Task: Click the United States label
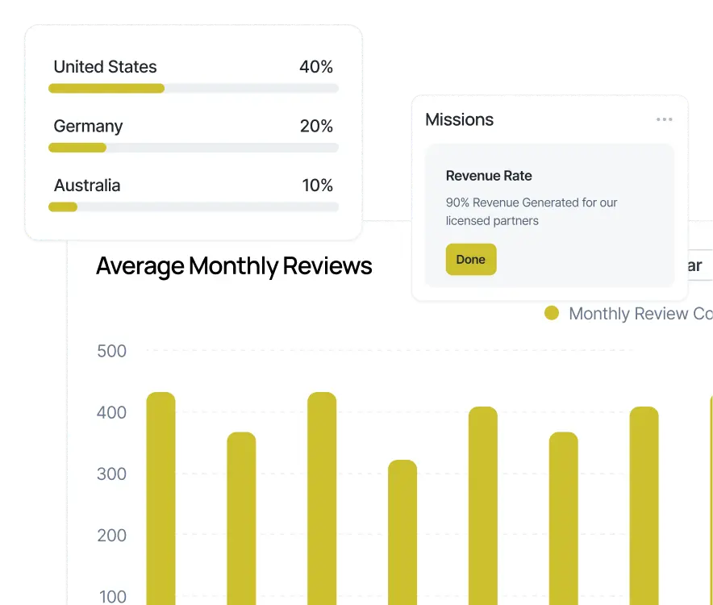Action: click(105, 67)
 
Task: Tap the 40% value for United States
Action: click(316, 67)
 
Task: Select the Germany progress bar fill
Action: click(77, 148)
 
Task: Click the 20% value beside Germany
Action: click(316, 126)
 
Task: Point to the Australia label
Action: click(87, 186)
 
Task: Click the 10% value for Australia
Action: click(317, 186)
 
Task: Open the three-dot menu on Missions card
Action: click(664, 120)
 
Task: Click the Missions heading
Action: click(459, 120)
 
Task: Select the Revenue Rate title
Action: click(489, 176)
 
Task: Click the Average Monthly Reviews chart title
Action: click(234, 266)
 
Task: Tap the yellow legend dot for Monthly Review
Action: click(552, 314)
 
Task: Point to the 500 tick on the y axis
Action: click(111, 351)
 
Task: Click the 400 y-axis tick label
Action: click(111, 413)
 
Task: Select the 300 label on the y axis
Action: click(111, 474)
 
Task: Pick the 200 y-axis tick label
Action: click(111, 536)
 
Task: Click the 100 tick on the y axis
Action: click(111, 596)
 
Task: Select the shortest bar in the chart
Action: click(402, 532)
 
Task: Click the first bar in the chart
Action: click(161, 500)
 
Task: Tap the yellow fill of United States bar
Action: click(106, 88)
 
